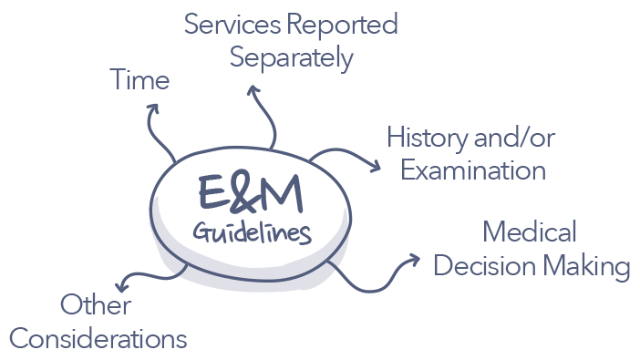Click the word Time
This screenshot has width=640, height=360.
coord(139,80)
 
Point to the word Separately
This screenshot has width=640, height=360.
coord(291,59)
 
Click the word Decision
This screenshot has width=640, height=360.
coord(483,266)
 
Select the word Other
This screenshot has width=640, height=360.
coord(96,304)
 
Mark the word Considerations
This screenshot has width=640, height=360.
coord(98,339)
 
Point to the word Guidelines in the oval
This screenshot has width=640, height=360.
coord(252,231)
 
